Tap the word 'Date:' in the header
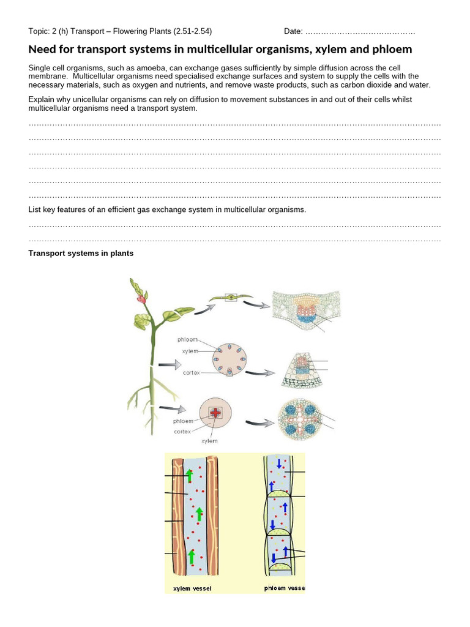tap(293, 31)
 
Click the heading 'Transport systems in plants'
tap(81, 253)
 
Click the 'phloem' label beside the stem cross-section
tap(187, 339)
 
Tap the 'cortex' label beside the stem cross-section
tap(192, 372)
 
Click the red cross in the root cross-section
tap(215, 414)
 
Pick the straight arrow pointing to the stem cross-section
tap(170, 364)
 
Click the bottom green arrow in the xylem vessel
tap(192, 557)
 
